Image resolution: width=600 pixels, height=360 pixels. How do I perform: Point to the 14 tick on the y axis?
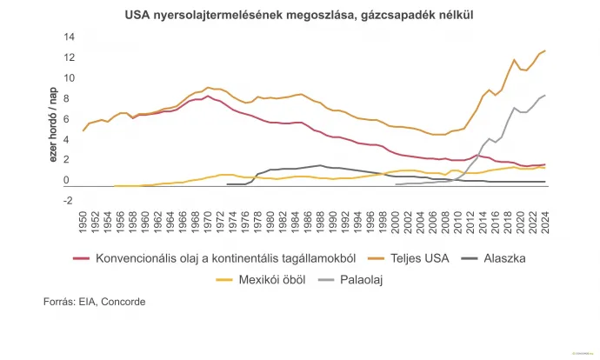point(69,37)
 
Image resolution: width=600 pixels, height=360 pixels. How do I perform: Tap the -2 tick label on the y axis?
point(69,200)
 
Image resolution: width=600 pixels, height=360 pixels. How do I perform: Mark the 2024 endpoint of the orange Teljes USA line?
point(545,50)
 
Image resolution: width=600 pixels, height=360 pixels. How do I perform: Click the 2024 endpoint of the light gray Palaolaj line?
point(545,95)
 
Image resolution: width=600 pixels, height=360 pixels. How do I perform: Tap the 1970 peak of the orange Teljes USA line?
point(208,87)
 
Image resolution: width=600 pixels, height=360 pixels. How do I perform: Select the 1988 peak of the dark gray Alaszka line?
point(320,164)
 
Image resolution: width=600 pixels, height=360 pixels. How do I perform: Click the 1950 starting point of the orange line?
point(83,130)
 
